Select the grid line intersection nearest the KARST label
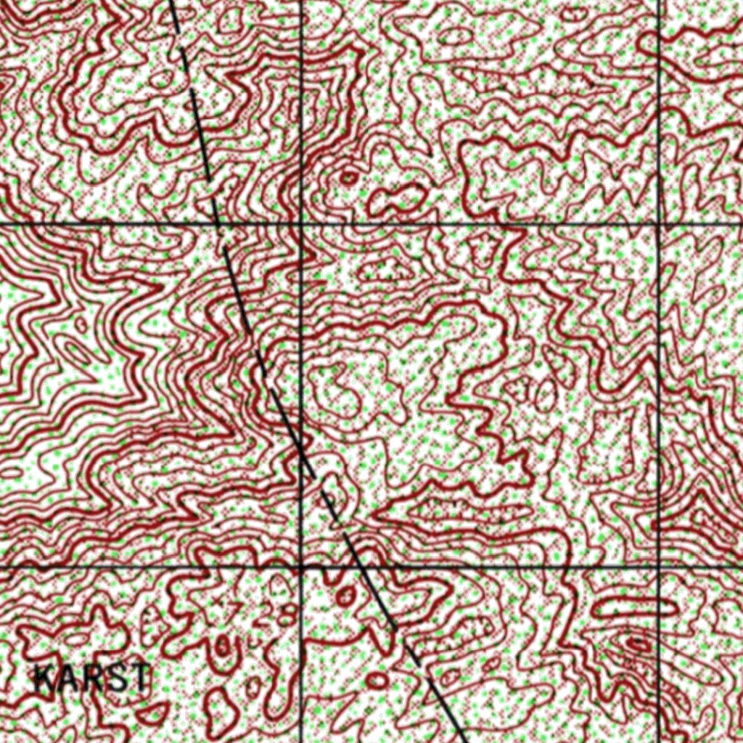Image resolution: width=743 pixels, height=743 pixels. click(x=300, y=566)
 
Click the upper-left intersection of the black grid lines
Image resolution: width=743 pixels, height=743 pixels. click(x=300, y=224)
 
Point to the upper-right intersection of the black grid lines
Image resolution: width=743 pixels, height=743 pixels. click(x=659, y=224)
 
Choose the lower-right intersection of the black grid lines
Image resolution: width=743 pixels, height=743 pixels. click(x=659, y=566)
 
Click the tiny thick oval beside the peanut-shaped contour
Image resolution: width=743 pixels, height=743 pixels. click(x=349, y=176)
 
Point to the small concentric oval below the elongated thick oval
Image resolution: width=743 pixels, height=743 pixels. click(x=639, y=643)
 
